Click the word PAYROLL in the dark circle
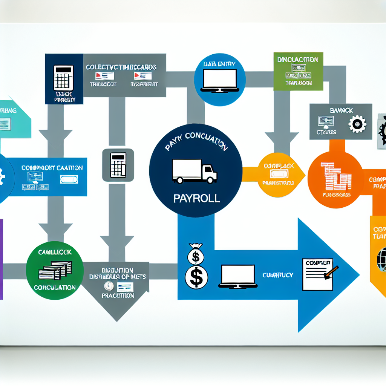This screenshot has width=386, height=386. [x=196, y=199]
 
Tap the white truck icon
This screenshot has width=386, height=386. [x=195, y=171]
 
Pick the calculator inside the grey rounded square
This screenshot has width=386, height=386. [x=118, y=165]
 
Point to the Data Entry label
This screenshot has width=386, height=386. [x=219, y=64]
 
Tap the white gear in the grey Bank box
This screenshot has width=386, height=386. [x=357, y=125]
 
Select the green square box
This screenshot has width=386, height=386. [x=298, y=71]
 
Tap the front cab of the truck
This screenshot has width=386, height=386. [x=209, y=173]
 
